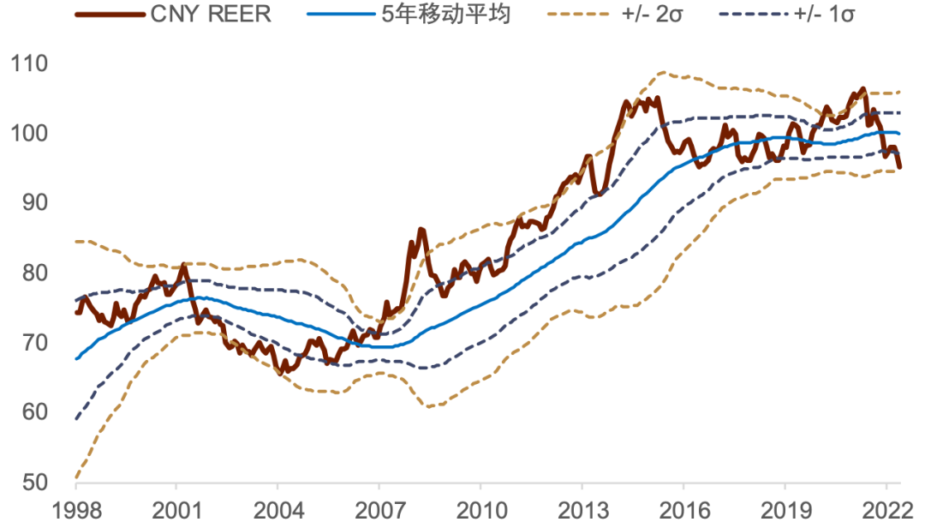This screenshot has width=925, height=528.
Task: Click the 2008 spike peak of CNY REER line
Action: click(x=421, y=230)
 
